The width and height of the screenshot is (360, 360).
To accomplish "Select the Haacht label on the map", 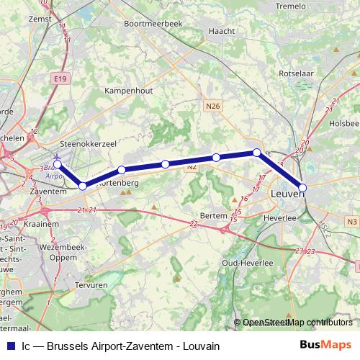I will click(220, 32).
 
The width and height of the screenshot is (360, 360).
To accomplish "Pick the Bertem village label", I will click(214, 216).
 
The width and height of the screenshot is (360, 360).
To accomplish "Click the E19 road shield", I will click(60, 75).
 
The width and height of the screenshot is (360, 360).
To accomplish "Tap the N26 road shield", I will click(212, 106).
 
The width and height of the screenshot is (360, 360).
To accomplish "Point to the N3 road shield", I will click(351, 222).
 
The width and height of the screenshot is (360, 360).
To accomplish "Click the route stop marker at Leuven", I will click(302, 187).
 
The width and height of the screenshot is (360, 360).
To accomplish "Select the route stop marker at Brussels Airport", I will click(58, 164).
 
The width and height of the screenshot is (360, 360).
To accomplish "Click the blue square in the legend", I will click(10, 345).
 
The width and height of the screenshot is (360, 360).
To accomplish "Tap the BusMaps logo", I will click(326, 345).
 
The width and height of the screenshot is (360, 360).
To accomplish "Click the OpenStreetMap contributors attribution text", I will click(297, 322).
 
